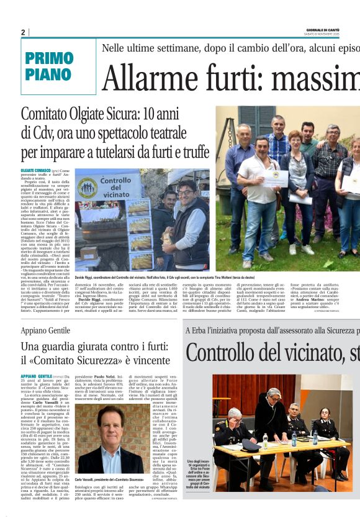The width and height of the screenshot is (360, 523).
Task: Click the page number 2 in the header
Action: coord(23,32)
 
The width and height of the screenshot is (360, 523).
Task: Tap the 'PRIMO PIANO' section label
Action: coord(48,66)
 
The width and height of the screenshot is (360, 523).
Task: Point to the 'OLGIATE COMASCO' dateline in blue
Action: coord(35,170)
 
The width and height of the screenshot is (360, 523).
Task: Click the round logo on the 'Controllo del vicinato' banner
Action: coord(88,188)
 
